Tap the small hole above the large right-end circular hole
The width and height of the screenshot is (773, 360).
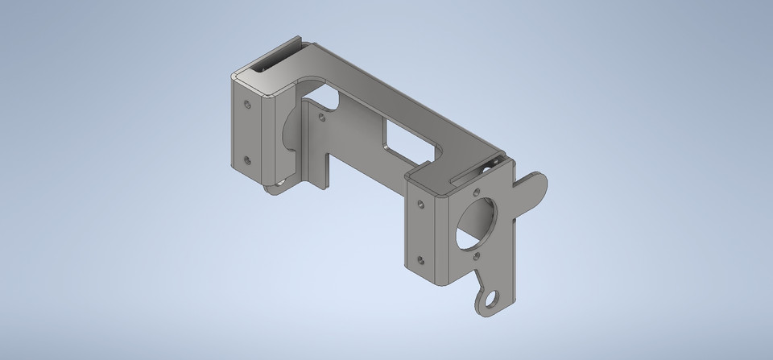click(477, 192)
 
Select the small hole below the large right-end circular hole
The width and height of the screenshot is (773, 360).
click(477, 256)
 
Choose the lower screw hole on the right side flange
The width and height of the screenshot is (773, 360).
click(420, 259)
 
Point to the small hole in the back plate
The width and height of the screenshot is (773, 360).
click(322, 116)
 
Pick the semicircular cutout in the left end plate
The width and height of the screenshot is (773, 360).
click(290, 133)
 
